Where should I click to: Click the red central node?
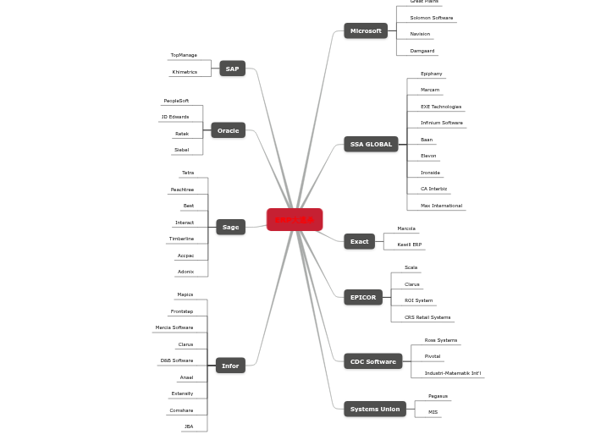(295, 220)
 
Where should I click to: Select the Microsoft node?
(366, 31)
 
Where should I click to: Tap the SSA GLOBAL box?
(371, 145)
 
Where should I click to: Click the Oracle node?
(228, 131)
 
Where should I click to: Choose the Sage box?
(230, 227)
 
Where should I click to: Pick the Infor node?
(230, 366)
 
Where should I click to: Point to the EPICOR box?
(363, 297)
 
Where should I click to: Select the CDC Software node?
(372, 361)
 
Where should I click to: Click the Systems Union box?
(374, 410)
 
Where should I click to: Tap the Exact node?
(359, 242)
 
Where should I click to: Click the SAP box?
(232, 69)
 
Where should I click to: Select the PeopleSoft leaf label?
(176, 101)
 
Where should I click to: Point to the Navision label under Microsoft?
(420, 35)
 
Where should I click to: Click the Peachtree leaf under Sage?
(182, 190)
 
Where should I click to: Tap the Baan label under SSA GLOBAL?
(427, 140)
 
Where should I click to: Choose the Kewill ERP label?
(410, 245)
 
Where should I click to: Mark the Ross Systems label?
(441, 340)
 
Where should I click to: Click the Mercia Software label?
(174, 327)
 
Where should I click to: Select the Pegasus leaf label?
(438, 396)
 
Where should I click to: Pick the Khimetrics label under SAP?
(185, 72)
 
